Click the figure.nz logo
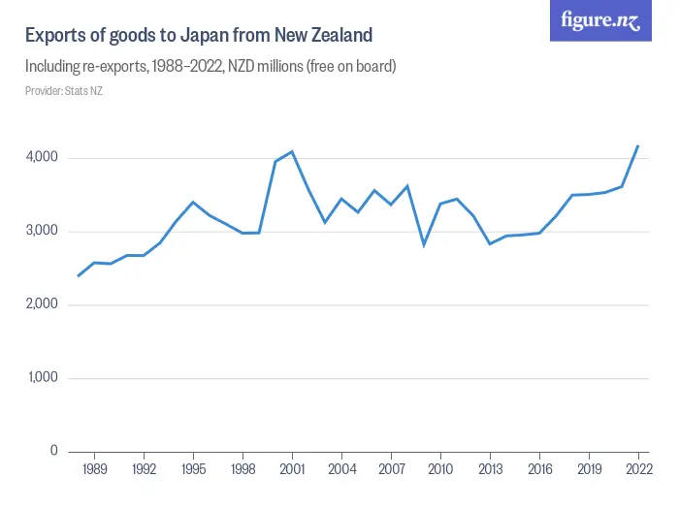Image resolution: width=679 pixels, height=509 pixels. click(x=601, y=21)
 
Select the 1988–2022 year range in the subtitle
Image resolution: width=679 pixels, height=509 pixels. click(x=202, y=67)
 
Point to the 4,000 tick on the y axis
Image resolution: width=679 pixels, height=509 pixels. click(x=41, y=158)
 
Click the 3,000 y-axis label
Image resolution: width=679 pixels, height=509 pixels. click(x=41, y=232)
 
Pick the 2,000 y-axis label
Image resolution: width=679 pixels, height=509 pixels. click(x=41, y=305)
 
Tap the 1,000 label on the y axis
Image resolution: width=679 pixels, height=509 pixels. click(x=42, y=378)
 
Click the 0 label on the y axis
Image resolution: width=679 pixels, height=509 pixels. click(x=54, y=452)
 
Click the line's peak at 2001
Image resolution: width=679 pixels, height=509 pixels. click(x=292, y=151)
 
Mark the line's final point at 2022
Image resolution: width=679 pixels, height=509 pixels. click(x=637, y=146)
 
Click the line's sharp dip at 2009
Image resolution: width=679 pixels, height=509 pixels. click(x=423, y=244)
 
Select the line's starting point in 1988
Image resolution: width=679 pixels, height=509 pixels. click(x=78, y=276)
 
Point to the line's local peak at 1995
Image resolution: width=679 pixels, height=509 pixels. click(x=193, y=202)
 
